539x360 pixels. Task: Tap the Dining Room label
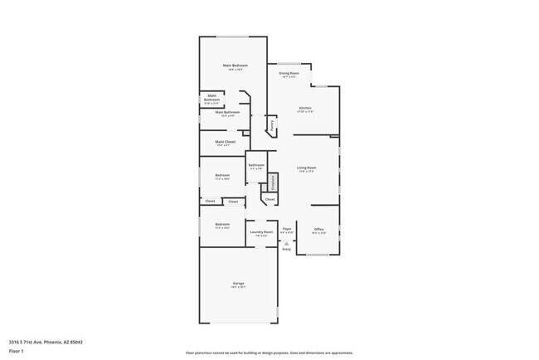click(289, 73)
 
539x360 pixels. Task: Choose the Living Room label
click(307, 168)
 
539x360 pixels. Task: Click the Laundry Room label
click(262, 232)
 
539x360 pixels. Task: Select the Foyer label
click(287, 228)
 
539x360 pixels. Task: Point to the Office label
click(319, 230)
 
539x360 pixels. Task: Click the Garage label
click(238, 285)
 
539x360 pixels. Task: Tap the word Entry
click(286, 249)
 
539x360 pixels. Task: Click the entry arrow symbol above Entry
click(286, 243)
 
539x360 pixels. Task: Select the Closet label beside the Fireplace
click(270, 200)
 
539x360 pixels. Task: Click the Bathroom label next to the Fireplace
click(256, 165)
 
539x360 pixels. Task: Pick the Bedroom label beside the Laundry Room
click(222, 224)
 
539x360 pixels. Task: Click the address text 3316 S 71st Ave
click(46, 342)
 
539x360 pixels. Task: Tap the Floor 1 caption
click(16, 351)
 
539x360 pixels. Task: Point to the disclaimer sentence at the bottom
click(269, 352)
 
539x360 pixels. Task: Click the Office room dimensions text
click(319, 234)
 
